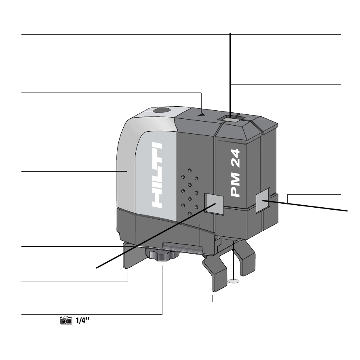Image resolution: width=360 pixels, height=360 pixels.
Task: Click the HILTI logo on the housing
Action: click(x=157, y=175)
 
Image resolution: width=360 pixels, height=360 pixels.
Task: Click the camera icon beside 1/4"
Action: click(x=66, y=320)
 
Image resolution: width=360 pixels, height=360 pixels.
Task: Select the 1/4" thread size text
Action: click(x=82, y=320)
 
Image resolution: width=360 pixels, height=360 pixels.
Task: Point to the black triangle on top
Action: click(x=201, y=114)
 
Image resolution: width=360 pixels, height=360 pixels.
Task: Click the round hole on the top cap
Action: click(x=161, y=110)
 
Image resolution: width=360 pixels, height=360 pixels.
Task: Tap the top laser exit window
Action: click(x=230, y=119)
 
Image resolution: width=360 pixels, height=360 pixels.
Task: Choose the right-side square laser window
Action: click(x=263, y=200)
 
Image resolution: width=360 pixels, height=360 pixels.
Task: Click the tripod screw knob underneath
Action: click(x=162, y=255)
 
